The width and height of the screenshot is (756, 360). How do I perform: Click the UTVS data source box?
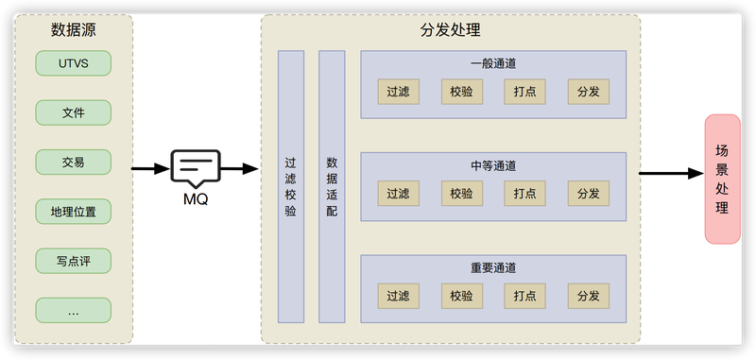pos(74,63)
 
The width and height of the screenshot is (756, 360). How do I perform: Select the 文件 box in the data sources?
pos(74,112)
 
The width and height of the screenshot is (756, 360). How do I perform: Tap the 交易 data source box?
pos(74,162)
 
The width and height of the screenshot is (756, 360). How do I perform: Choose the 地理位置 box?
pos(74,212)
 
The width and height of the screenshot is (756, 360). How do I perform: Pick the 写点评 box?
pos(74,261)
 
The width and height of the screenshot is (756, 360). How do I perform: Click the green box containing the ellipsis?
pos(74,310)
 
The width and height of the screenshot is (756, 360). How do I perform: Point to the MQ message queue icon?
pos(196,169)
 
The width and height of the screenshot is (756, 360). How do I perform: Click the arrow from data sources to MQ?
pos(151,169)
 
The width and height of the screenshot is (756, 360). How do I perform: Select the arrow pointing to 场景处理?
pos(672,174)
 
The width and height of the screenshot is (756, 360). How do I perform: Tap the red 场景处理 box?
pos(722,179)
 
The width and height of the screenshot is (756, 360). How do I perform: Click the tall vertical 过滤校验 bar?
pos(291,186)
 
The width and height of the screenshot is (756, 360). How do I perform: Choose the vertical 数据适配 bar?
pos(332,186)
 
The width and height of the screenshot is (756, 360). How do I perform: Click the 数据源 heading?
pos(74,30)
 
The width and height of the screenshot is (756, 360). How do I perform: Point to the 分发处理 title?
pos(451,30)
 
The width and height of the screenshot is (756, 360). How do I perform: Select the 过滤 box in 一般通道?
pos(398,92)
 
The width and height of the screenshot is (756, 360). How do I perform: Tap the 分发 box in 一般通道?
pos(588,92)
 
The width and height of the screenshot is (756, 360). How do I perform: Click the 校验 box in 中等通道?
pos(461,194)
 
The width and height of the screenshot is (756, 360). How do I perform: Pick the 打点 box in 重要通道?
pos(525,296)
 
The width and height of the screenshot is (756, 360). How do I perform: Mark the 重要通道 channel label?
pos(493,268)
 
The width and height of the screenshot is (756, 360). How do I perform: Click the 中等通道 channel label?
pos(493,166)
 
